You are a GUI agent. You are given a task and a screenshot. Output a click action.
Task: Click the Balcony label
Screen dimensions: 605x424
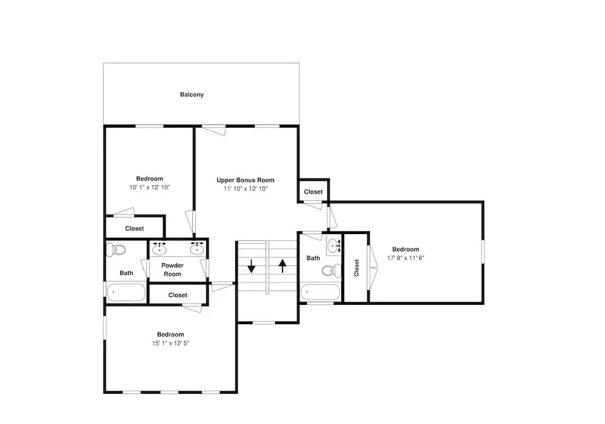pos(192,94)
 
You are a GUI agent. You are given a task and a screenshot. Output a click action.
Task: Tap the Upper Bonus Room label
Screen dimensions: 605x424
pos(246,180)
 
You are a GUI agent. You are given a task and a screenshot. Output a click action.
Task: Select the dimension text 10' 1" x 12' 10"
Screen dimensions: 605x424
pos(149,188)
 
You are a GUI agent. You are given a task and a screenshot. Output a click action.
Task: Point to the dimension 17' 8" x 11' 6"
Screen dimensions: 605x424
pos(405,258)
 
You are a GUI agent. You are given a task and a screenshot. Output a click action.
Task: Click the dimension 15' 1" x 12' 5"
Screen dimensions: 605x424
pos(171,344)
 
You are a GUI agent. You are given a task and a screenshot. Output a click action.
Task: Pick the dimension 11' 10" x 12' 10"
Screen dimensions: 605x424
pos(246,189)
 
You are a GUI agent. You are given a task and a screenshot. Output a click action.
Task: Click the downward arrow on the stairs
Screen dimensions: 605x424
pos(252,266)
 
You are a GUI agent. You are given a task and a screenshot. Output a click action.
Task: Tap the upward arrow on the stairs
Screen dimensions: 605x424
pos(283,266)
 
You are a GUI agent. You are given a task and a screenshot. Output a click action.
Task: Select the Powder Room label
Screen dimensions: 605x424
pos(172,270)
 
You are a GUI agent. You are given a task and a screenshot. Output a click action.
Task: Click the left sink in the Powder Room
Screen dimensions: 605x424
pos(159,249)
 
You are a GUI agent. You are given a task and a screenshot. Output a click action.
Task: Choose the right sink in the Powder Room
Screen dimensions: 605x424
pos(197,249)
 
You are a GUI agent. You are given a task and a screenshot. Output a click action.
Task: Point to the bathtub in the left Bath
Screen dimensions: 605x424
pos(126,292)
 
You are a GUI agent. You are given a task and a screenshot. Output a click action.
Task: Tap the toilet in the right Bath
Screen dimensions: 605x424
pos(332,270)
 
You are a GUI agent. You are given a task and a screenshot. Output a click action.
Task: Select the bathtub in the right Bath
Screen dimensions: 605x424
pos(320,292)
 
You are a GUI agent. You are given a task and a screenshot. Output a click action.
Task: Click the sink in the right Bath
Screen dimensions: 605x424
pos(333,246)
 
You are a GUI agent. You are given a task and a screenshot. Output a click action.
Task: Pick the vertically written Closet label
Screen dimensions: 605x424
pos(356,268)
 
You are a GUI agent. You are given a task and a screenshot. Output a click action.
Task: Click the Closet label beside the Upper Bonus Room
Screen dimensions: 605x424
pos(313,192)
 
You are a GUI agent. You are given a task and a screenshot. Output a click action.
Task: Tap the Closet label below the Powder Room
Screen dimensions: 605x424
pos(178,295)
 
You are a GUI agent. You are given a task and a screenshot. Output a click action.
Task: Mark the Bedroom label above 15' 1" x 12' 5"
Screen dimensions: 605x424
pos(171,334)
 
